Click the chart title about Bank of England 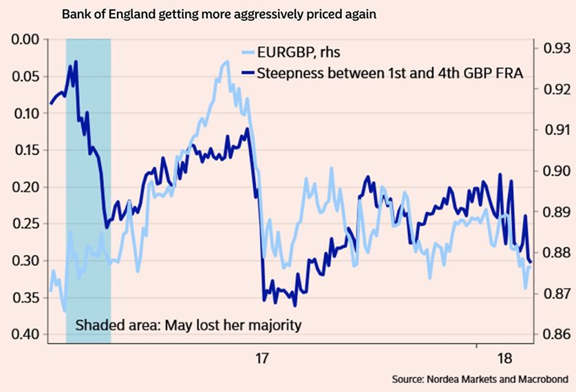219,14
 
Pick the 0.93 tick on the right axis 557,48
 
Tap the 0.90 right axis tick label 557,171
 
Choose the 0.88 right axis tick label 557,252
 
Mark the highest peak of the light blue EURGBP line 226,61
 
